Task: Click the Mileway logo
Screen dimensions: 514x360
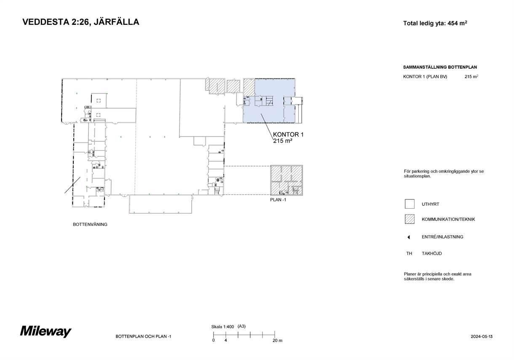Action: tap(46, 331)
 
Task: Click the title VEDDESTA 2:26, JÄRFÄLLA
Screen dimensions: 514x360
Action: tap(81, 22)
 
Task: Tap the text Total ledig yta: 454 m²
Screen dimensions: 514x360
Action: tap(435, 23)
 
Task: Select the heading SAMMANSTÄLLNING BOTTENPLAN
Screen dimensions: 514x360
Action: tap(440, 67)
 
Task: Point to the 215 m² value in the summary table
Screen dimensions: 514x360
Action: tap(471, 77)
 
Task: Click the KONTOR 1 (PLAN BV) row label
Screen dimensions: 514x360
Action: tap(425, 77)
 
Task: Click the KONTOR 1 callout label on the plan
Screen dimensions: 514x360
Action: tap(288, 134)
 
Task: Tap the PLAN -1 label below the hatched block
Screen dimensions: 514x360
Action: tap(278, 200)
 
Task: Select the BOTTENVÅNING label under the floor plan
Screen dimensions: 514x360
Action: tap(90, 224)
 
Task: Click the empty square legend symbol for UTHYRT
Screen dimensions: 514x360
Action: tap(410, 204)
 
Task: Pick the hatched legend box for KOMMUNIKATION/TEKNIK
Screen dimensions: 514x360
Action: tap(410, 219)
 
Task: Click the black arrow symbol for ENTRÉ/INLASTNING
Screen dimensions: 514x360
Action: tap(409, 237)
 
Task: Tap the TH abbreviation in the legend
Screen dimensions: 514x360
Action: tap(409, 253)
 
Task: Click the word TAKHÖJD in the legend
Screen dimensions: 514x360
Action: tap(431, 253)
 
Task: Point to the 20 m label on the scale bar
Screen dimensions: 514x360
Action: tap(277, 341)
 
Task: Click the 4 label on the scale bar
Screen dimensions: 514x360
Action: tap(226, 340)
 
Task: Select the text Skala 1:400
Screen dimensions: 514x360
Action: tap(222, 327)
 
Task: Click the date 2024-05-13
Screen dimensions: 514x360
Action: tap(482, 336)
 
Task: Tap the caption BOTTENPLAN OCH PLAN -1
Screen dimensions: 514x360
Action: tap(143, 336)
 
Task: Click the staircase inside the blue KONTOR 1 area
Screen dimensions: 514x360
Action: tap(269, 101)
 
